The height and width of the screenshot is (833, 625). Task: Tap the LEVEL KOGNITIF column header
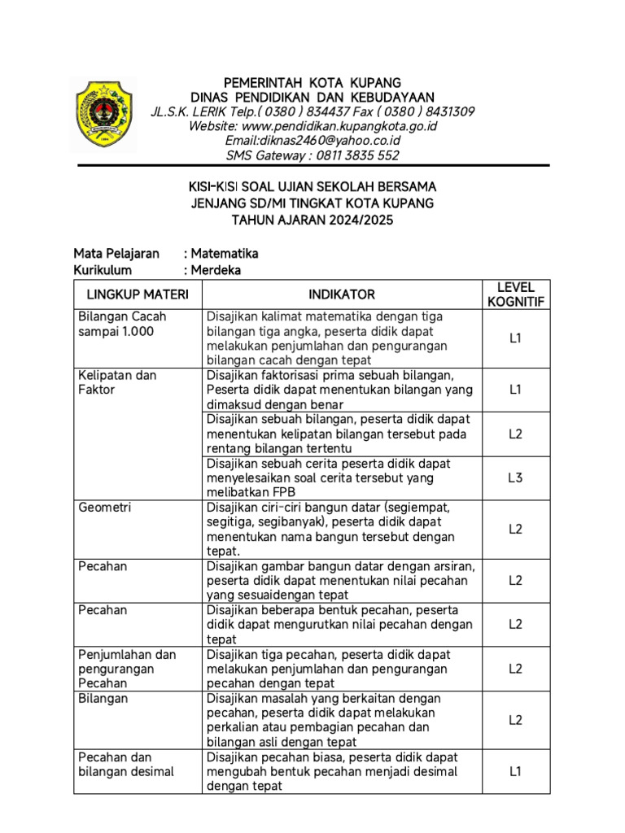pyautogui.click(x=515, y=294)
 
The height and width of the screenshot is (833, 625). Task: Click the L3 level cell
pyautogui.click(x=515, y=478)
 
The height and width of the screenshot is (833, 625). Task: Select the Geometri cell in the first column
pyautogui.click(x=105, y=508)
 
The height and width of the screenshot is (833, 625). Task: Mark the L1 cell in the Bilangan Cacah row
pyautogui.click(x=515, y=338)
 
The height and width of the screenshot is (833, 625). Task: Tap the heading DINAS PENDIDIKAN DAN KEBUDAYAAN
pyautogui.click(x=312, y=98)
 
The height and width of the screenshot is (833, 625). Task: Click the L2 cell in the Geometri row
pyautogui.click(x=515, y=529)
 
